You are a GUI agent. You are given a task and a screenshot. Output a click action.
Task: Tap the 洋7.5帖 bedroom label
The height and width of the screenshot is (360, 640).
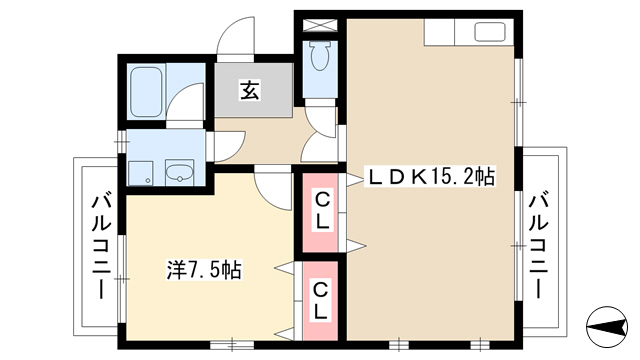204,269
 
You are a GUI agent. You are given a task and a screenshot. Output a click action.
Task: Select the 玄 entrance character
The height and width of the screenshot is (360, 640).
249,91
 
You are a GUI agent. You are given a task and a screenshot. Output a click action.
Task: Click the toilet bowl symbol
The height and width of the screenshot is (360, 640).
320,56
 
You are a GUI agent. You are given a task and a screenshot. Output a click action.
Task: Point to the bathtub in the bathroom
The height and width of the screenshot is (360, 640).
147,91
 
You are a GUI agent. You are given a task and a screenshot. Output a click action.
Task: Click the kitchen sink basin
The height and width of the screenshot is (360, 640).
490,31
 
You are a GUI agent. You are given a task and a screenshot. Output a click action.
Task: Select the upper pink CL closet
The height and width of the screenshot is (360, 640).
320,212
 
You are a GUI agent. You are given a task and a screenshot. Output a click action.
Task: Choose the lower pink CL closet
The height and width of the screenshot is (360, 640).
320,301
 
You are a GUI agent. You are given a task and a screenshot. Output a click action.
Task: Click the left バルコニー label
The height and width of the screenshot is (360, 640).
101,247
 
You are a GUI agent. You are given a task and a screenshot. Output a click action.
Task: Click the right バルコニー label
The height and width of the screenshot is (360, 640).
539,247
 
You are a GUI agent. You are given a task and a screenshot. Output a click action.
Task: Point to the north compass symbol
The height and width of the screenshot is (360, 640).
607,326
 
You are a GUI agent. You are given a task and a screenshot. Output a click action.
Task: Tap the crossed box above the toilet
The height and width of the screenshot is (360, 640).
320,26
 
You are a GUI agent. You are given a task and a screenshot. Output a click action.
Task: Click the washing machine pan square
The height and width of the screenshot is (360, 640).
140,173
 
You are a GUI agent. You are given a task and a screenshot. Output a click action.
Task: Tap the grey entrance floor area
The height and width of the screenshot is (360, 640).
253,90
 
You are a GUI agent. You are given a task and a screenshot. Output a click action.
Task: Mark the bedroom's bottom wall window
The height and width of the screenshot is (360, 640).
232,345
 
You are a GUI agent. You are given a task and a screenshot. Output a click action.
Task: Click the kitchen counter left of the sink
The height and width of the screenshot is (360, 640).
439,31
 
